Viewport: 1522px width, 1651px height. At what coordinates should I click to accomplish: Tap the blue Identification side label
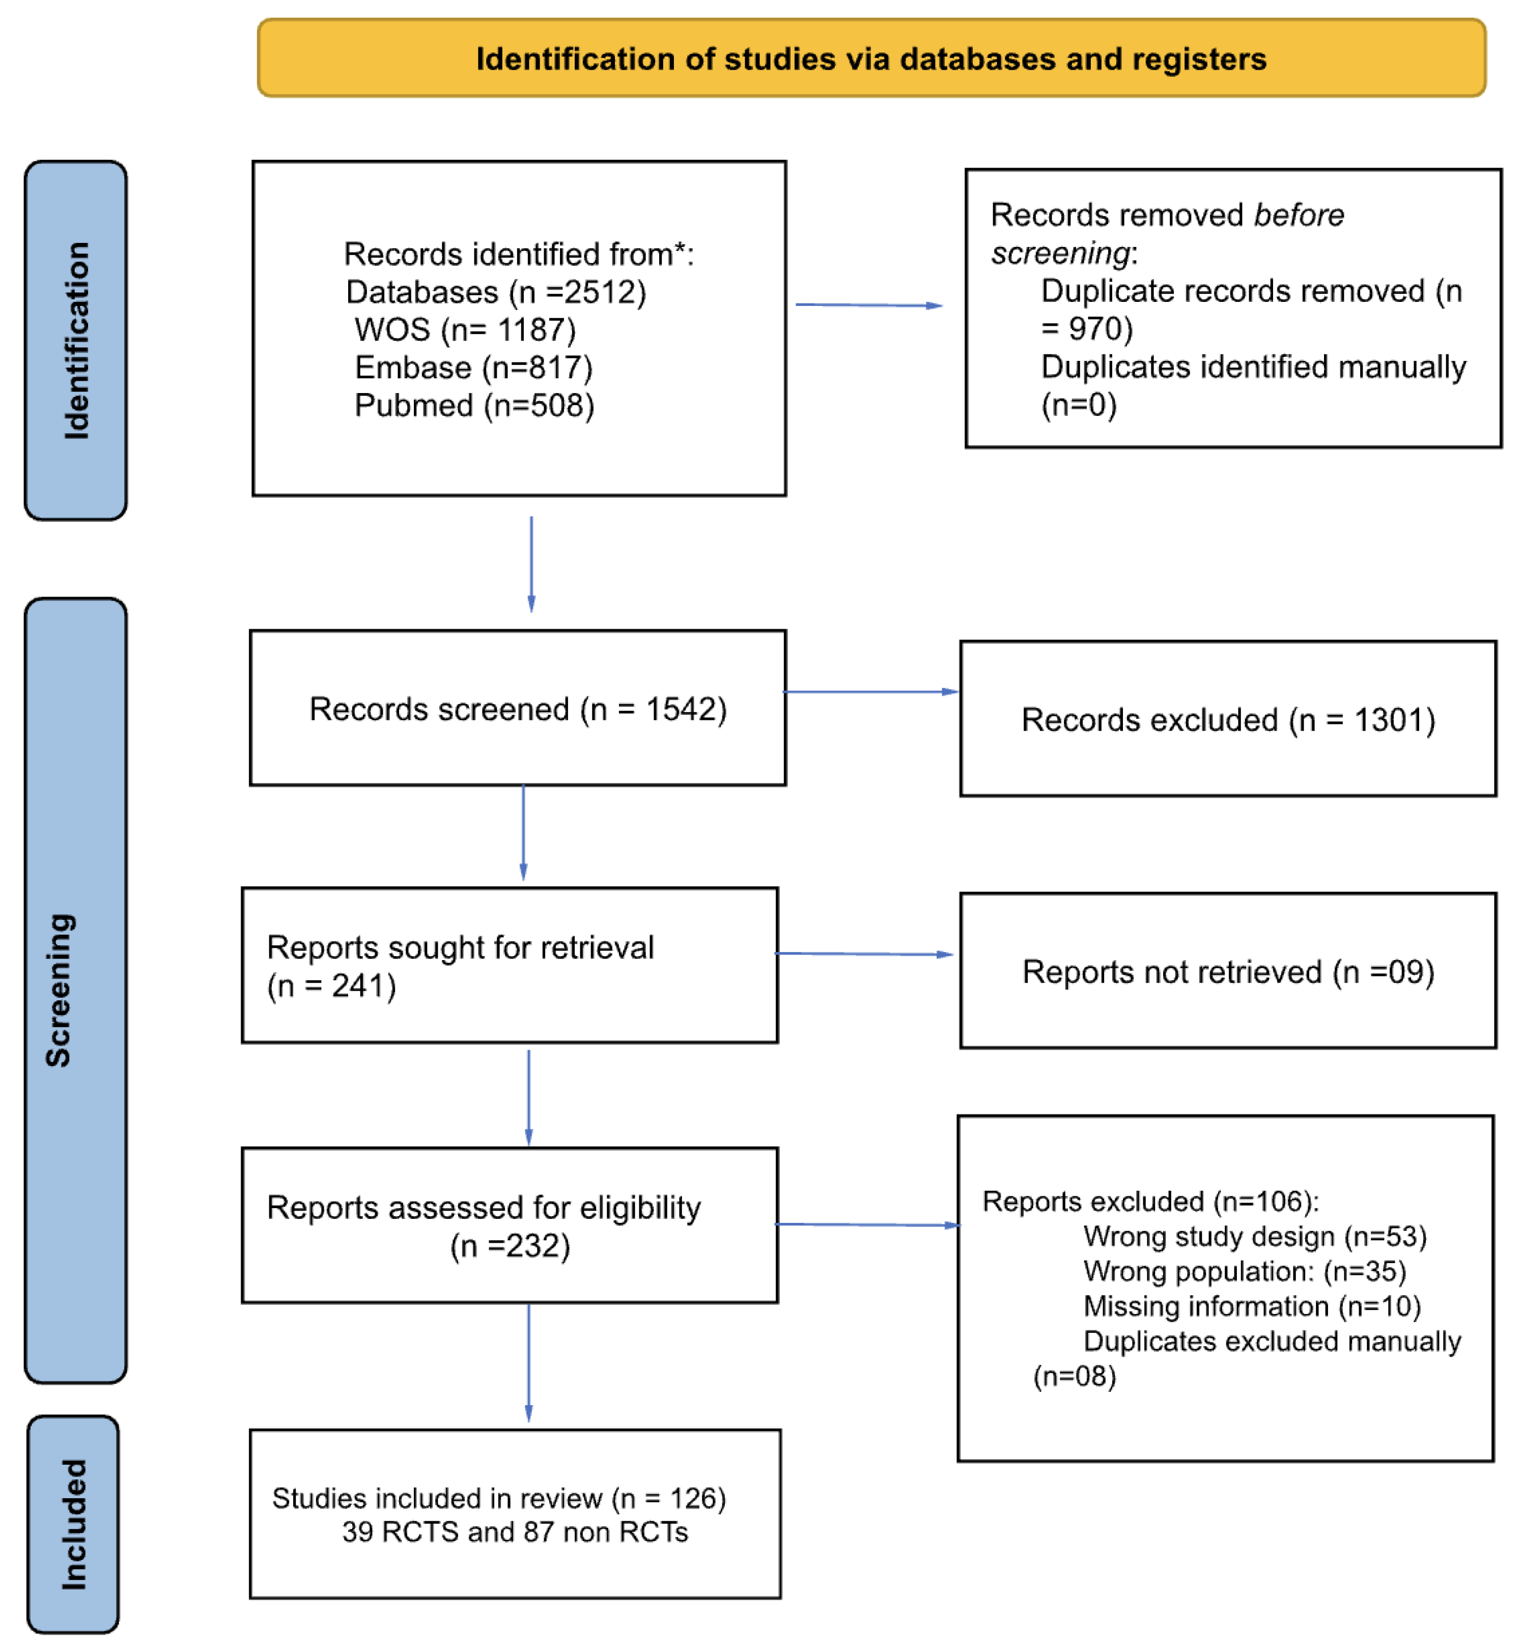(x=76, y=340)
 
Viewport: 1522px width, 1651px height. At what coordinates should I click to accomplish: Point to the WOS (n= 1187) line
(x=465, y=329)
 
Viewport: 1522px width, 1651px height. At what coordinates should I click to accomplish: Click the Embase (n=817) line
(x=473, y=368)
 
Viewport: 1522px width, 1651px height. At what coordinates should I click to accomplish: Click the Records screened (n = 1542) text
(x=517, y=709)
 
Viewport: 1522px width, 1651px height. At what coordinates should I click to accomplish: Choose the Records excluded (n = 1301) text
(x=1228, y=720)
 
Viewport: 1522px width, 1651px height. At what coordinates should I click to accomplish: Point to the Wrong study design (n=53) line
(x=1254, y=1236)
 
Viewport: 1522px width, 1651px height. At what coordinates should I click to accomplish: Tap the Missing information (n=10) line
(x=1252, y=1306)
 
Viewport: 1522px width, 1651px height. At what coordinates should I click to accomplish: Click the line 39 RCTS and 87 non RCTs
(x=515, y=1531)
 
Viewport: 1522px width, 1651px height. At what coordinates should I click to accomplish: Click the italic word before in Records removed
(x=1298, y=215)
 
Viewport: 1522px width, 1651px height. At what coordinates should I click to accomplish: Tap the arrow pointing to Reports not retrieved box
(x=864, y=954)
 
